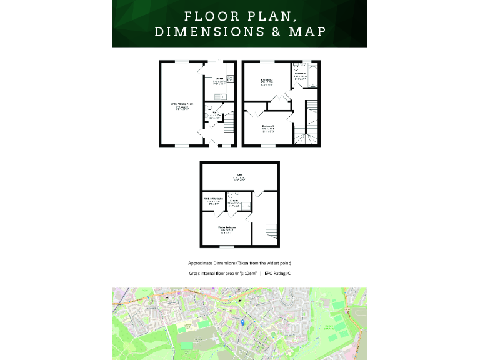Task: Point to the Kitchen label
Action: [219, 79]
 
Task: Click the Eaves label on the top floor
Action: [239, 174]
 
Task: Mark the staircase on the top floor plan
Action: [270, 231]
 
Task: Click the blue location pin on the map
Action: [242, 321]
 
